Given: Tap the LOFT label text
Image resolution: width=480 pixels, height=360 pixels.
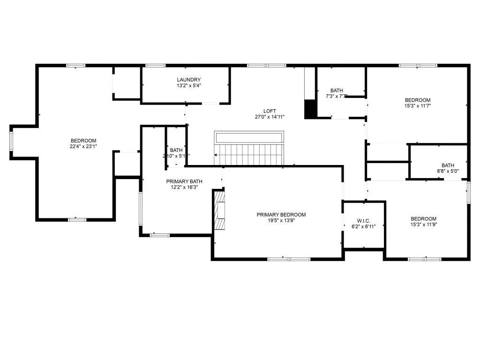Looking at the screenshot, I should [x=270, y=111].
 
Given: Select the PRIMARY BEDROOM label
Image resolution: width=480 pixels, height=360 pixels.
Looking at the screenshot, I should [x=281, y=215].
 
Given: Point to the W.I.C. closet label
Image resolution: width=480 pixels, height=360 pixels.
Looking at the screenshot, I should [x=364, y=220].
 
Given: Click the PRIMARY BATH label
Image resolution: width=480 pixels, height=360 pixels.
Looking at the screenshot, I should [x=184, y=181].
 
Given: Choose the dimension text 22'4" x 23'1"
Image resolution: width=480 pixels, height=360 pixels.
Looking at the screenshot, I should [x=83, y=147].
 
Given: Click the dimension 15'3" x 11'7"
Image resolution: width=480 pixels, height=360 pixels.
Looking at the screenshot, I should [x=417, y=106].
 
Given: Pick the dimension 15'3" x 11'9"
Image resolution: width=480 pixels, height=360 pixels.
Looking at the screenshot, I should [x=423, y=225].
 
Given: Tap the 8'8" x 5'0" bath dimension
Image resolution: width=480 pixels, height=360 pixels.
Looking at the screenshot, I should [x=448, y=171].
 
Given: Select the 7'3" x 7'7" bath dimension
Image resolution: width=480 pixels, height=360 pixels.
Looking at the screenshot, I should [x=337, y=97].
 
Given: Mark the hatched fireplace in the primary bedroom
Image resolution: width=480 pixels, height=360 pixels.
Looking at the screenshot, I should [x=220, y=211].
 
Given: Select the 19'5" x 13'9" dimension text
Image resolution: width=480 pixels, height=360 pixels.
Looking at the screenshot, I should [x=281, y=221].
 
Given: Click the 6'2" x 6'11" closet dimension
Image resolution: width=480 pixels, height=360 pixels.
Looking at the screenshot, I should [x=364, y=226].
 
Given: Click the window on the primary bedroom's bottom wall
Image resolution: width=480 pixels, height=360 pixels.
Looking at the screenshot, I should [x=289, y=258].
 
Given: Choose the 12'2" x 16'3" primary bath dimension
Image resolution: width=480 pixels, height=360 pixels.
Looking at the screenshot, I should [x=184, y=187].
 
